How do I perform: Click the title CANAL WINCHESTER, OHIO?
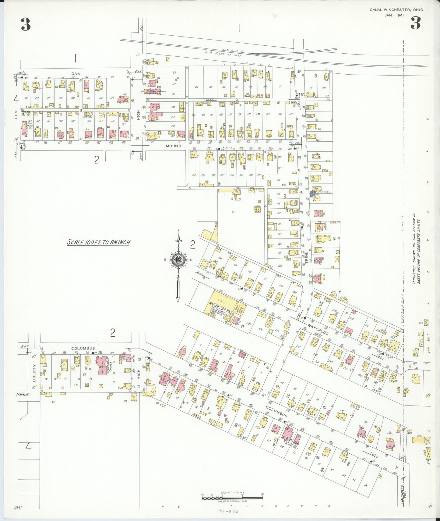(x=396, y=10)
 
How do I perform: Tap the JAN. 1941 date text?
(x=394, y=16)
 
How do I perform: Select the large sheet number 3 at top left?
(x=26, y=24)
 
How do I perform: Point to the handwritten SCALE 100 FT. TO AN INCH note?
(x=98, y=243)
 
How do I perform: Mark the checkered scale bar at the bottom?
(x=232, y=498)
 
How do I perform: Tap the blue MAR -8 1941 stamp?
(x=228, y=511)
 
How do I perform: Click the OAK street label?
(x=76, y=74)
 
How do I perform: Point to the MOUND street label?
(x=173, y=146)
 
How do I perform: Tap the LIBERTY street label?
(x=34, y=373)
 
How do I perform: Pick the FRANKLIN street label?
(x=23, y=395)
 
